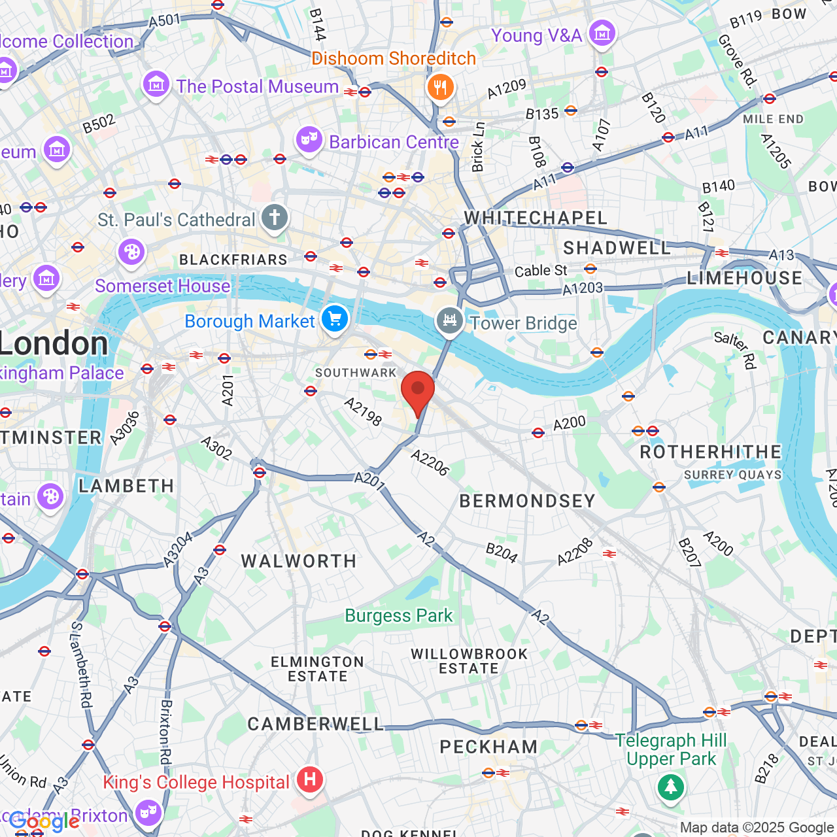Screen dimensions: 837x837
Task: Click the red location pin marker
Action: pyautogui.click(x=418, y=390)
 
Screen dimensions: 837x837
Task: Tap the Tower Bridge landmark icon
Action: pyautogui.click(x=450, y=320)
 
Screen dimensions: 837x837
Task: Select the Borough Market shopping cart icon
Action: pyautogui.click(x=335, y=319)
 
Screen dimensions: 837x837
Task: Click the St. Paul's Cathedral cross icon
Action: pyautogui.click(x=275, y=217)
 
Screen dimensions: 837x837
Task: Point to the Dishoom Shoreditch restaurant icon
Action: pyautogui.click(x=441, y=87)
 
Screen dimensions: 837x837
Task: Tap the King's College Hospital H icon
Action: pyautogui.click(x=310, y=779)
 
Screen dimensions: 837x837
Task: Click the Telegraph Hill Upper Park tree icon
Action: pyautogui.click(x=670, y=787)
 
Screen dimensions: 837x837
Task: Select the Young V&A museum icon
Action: pyautogui.click(x=602, y=33)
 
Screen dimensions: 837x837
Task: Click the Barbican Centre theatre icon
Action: pyautogui.click(x=309, y=139)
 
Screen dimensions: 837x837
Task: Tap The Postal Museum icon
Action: pyautogui.click(x=156, y=84)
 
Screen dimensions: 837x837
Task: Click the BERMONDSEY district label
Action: pyautogui.click(x=527, y=502)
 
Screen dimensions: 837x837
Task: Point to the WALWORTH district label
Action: pyautogui.click(x=299, y=561)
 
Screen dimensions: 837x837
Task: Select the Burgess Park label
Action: pyautogui.click(x=398, y=616)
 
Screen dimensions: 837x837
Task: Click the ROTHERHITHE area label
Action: pyautogui.click(x=710, y=453)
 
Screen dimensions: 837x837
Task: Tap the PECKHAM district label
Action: pyautogui.click(x=488, y=747)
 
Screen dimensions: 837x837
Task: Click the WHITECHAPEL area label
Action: pyautogui.click(x=536, y=218)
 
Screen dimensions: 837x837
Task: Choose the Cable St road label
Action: pyautogui.click(x=541, y=271)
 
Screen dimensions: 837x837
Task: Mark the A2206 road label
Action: pyautogui.click(x=430, y=463)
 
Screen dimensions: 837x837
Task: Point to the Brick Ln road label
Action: pyautogui.click(x=478, y=147)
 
